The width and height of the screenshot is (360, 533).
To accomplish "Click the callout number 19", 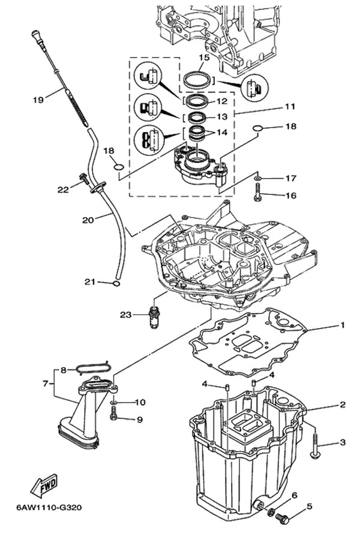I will click(x=37, y=101).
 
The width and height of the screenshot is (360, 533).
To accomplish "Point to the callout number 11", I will click(x=274, y=107).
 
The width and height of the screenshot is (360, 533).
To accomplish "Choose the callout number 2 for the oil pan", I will click(x=343, y=405).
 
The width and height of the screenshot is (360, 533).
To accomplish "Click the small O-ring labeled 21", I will click(x=118, y=282).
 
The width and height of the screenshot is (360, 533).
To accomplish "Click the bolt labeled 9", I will click(x=114, y=412).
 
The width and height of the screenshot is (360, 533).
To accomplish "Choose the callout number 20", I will click(x=88, y=220).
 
